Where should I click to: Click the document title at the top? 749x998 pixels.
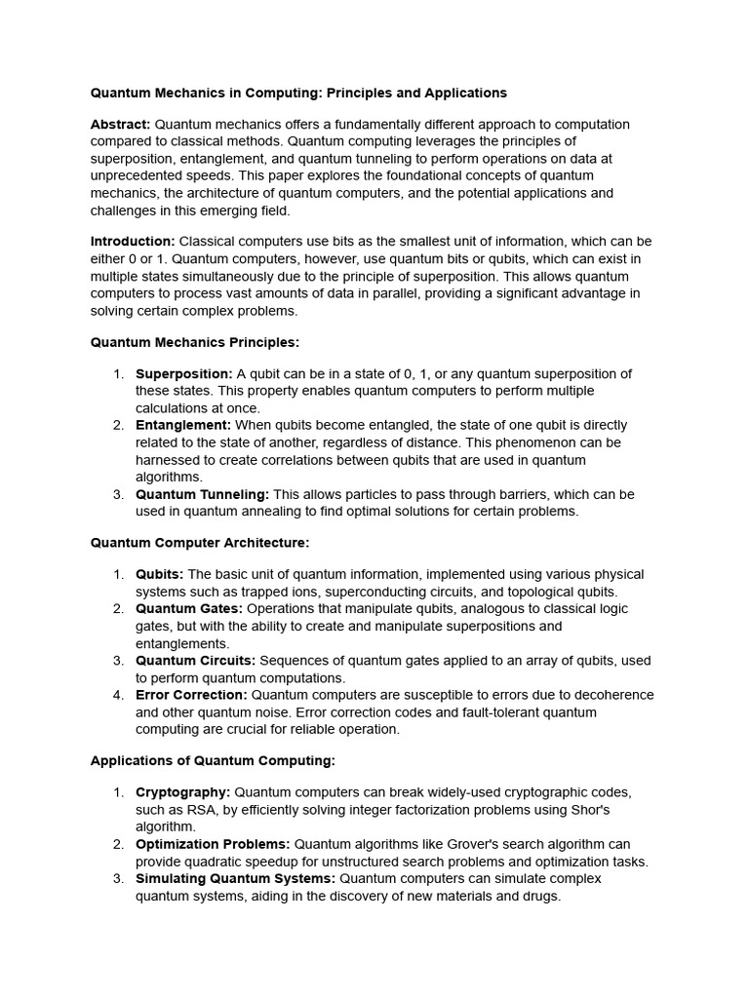tap(298, 94)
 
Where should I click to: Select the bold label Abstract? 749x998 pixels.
tap(120, 125)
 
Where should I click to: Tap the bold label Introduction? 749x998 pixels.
tap(133, 241)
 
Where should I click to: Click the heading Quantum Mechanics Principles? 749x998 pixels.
tap(195, 342)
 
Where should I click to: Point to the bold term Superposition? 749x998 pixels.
tap(183, 374)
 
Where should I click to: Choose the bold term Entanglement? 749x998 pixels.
tap(182, 425)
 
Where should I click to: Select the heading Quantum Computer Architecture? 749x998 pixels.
tap(200, 542)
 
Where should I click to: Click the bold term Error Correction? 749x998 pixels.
tap(191, 695)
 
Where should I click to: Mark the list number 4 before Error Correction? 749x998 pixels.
tap(117, 695)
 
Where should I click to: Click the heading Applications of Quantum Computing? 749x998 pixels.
tap(213, 760)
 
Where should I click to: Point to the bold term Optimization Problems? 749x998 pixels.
tap(213, 844)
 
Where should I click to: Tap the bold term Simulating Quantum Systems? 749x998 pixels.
tap(235, 878)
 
